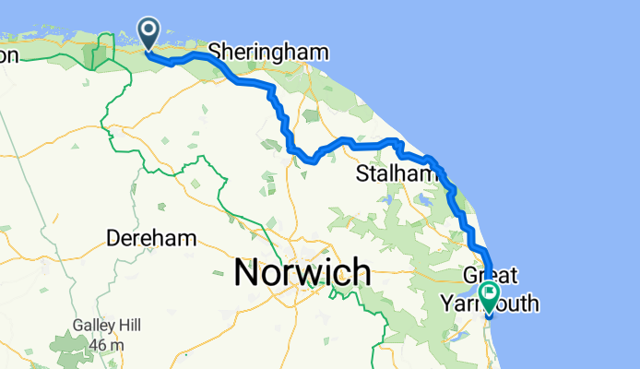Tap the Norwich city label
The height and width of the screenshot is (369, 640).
click(x=302, y=272)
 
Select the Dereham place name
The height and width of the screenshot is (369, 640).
click(x=152, y=238)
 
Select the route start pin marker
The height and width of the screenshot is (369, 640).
click(x=148, y=35)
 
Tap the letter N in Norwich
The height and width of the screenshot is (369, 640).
click(x=248, y=272)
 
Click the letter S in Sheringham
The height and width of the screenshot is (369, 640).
click(x=216, y=51)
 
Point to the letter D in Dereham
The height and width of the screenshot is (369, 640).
click(x=114, y=238)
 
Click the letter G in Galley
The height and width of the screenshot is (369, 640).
click(x=80, y=326)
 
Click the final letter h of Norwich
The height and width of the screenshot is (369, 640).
click(x=361, y=272)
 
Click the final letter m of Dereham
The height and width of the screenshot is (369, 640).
click(x=188, y=238)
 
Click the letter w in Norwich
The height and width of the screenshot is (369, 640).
click(x=308, y=272)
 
